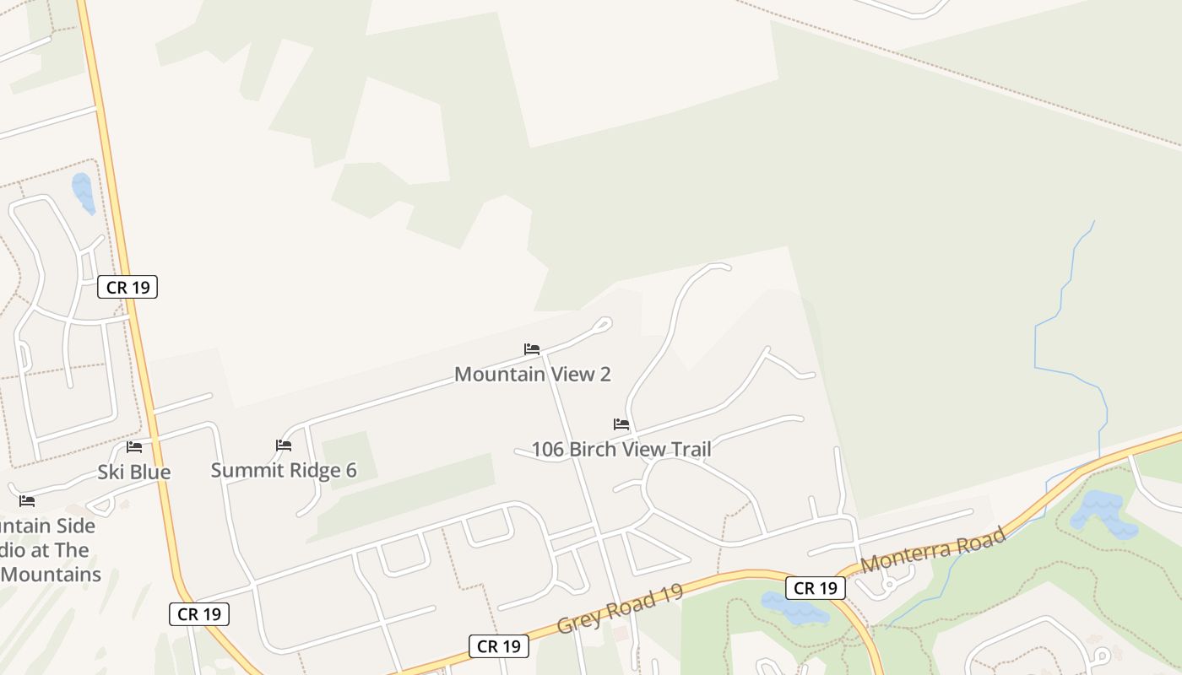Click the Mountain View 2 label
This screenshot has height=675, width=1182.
point(532,374)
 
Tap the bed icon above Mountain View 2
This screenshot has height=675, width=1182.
point(532,348)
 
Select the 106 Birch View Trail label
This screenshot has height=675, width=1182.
point(621,449)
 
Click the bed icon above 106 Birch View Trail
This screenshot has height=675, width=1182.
point(621,424)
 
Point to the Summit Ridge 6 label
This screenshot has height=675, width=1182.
point(284,470)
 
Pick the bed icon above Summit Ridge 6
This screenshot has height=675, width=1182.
point(284,445)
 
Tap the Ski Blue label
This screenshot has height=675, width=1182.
point(134,472)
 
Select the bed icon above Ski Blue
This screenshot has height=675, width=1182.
point(134,447)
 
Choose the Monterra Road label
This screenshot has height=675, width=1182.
point(934,549)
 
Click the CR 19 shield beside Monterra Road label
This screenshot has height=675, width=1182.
point(815,588)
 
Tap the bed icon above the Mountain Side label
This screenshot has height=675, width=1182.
point(27,501)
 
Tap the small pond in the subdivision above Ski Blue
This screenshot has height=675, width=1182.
point(83,192)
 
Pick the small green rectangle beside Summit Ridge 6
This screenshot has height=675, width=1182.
point(346,460)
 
